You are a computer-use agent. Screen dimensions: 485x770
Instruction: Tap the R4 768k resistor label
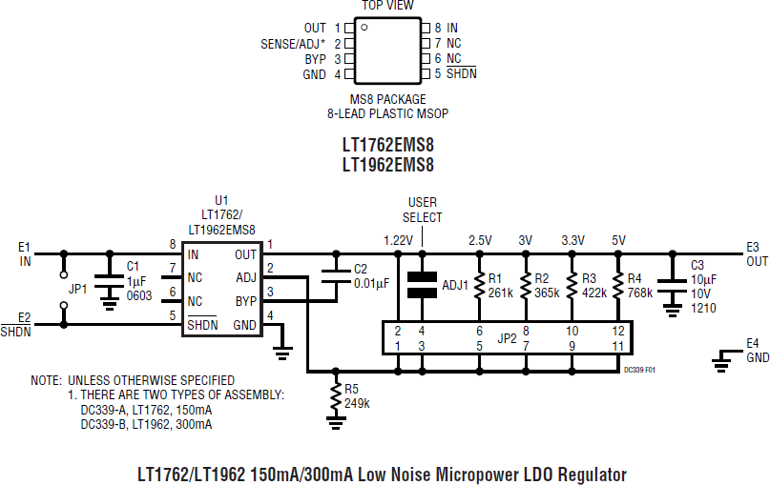[x=639, y=286]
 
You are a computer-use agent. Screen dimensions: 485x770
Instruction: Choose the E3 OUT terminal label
[x=757, y=253]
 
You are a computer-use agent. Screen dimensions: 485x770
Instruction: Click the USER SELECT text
[x=423, y=210]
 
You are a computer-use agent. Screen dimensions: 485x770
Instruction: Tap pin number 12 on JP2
[x=617, y=330]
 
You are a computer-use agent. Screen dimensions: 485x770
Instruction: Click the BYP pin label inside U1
[x=246, y=302]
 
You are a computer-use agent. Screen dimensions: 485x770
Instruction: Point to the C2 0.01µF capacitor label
[x=371, y=276]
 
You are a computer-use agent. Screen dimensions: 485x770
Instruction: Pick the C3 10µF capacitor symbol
[x=673, y=282]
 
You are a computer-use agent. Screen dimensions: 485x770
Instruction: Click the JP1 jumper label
[x=78, y=288]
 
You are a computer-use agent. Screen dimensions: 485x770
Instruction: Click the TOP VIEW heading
[x=387, y=6]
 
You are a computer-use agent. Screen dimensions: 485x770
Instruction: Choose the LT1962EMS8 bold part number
[x=387, y=165]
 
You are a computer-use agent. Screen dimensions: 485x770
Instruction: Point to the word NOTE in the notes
[x=46, y=379]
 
